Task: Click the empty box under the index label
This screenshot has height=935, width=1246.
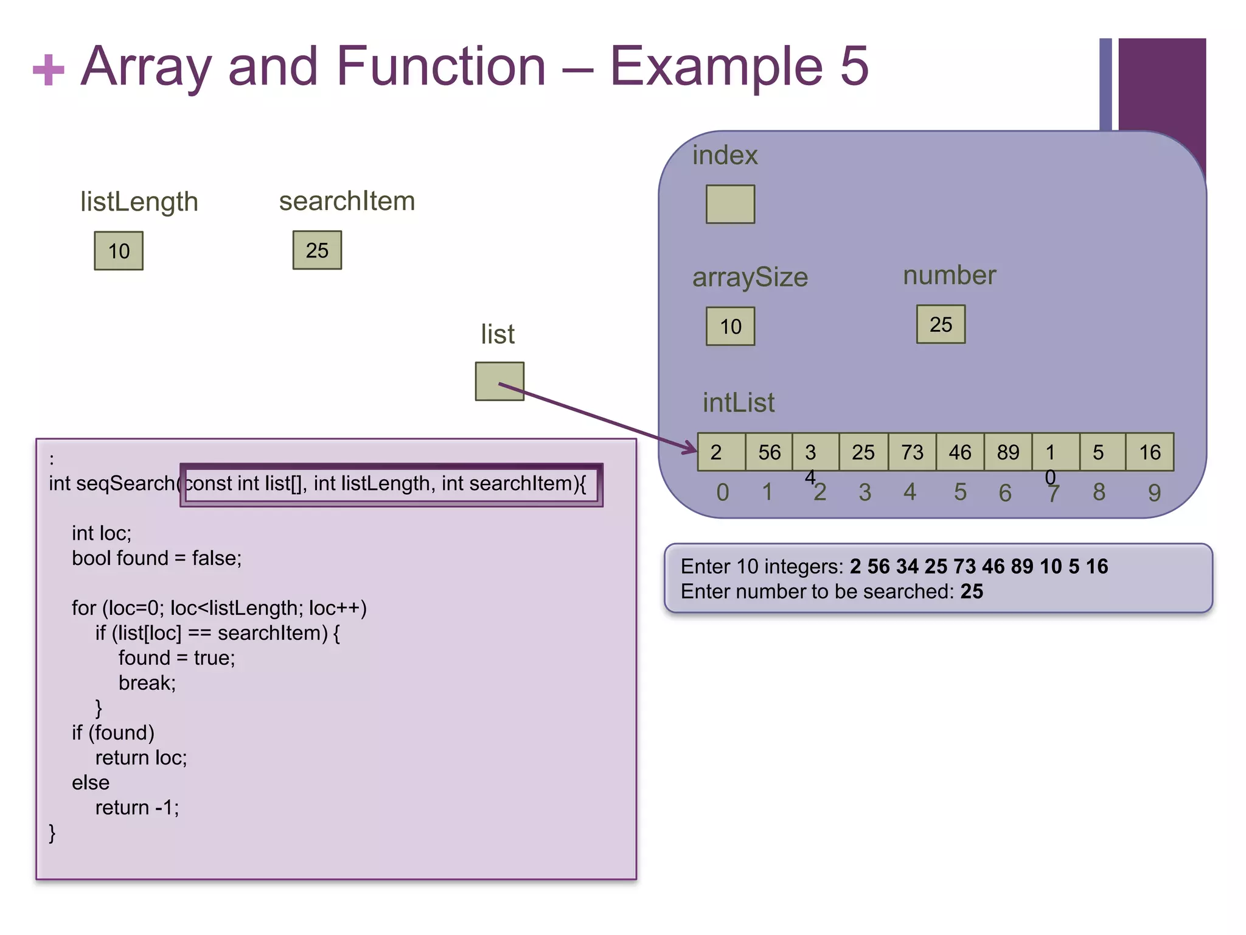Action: click(x=730, y=205)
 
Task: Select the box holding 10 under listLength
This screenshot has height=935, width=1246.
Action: click(x=119, y=251)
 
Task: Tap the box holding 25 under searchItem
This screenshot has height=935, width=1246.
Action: click(x=317, y=250)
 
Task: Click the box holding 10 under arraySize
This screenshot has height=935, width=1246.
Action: click(x=730, y=326)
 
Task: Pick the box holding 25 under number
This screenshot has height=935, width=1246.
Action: click(x=941, y=324)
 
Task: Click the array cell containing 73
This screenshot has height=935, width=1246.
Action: click(x=912, y=452)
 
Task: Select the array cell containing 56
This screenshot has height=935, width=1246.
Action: click(x=769, y=452)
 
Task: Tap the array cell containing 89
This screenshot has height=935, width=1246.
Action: click(x=1008, y=452)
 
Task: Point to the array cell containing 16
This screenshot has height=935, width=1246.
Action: click(x=1150, y=452)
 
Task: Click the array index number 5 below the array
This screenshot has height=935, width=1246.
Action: click(x=960, y=492)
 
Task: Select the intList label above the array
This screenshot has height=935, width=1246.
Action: click(x=739, y=403)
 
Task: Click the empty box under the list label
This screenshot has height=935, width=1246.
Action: click(x=499, y=382)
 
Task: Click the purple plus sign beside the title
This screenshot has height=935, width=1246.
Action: click(x=49, y=70)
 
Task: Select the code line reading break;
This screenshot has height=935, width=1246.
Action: click(x=147, y=683)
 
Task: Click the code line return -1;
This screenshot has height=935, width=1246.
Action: click(x=137, y=808)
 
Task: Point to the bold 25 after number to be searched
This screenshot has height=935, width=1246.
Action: click(x=972, y=592)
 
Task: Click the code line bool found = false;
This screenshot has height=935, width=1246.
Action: click(x=156, y=558)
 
